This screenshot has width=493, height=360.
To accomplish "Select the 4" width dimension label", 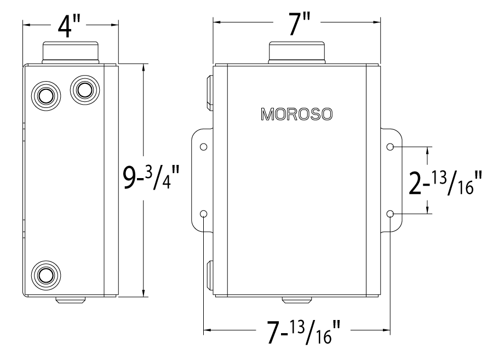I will coord(71,26).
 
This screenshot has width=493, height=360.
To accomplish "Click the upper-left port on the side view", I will coord(44,94).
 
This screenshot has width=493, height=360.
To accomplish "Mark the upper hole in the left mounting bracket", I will coord(204,147).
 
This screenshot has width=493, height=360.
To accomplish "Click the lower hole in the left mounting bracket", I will coord(204,214).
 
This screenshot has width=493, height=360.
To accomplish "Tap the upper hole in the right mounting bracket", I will coord(390,147).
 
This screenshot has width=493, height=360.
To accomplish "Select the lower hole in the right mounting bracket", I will coord(390,214).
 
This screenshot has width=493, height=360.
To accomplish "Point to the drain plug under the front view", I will coord(296,300).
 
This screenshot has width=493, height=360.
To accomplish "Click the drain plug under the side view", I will coord(70,300).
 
